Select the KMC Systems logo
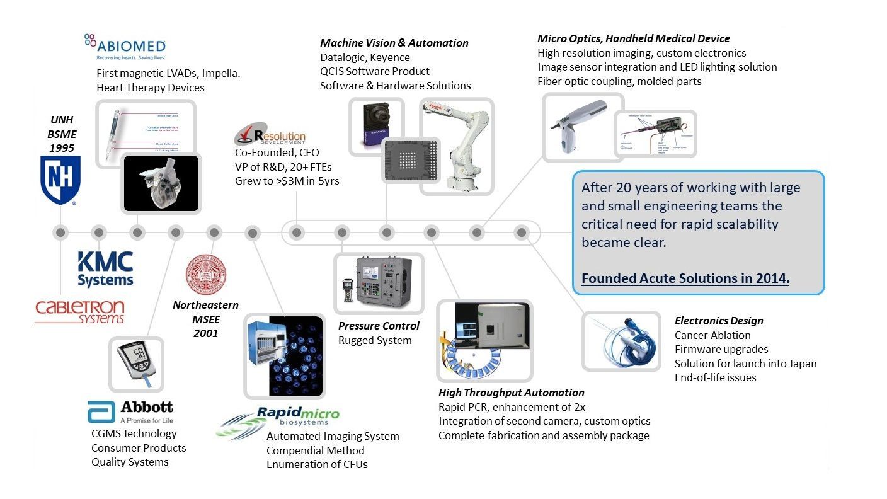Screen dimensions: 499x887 (x=105, y=269)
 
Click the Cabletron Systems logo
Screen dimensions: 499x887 (x=79, y=311)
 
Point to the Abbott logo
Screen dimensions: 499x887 (x=130, y=411)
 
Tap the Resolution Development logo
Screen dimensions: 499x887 (x=270, y=136)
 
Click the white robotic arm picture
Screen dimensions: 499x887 (x=456, y=146)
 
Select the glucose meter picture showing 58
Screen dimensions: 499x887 (x=136, y=364)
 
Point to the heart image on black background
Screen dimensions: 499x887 (x=161, y=182)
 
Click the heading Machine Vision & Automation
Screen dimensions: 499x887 (x=394, y=43)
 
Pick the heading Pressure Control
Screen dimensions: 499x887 (x=379, y=326)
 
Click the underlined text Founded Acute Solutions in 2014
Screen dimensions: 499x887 (x=685, y=278)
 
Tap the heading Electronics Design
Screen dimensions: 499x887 (x=719, y=321)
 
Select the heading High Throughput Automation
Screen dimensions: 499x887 (x=511, y=393)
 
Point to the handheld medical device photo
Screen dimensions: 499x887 (x=583, y=128)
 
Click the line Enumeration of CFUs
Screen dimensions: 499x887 (x=317, y=464)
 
